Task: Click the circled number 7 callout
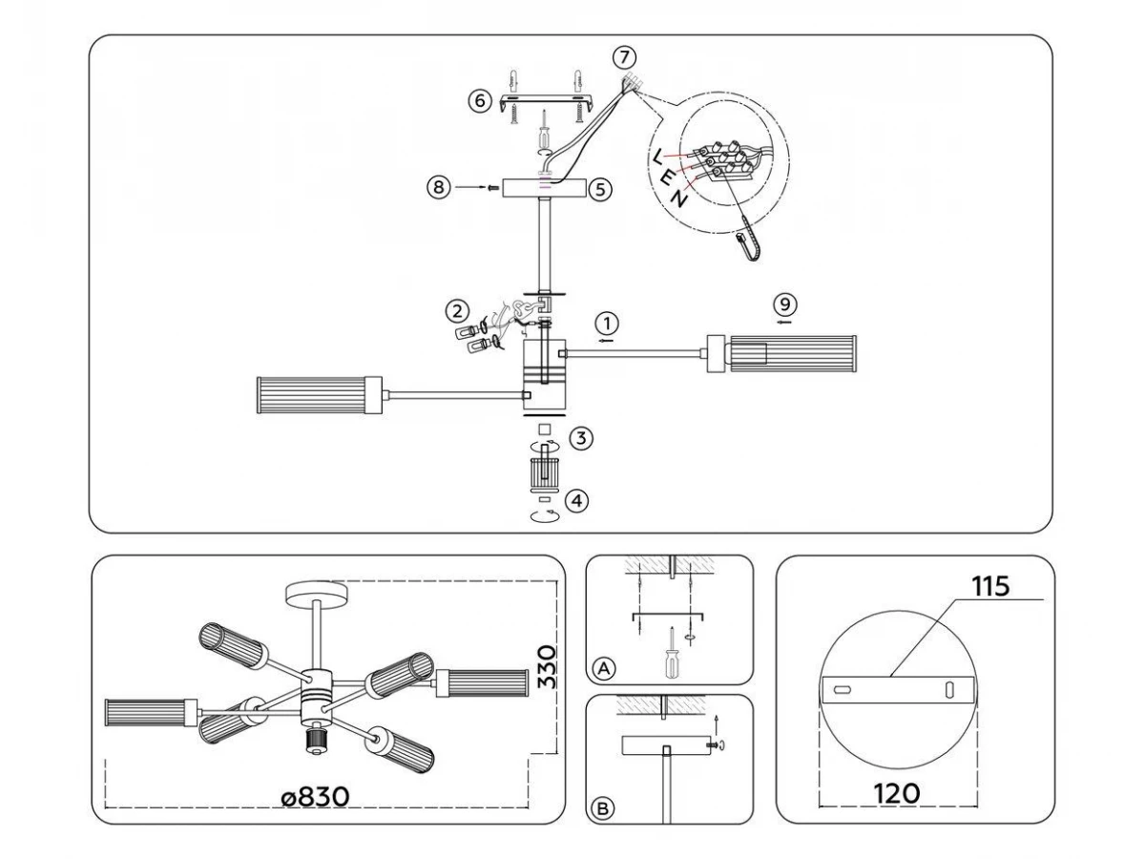click(624, 57)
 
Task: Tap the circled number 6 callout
click(479, 100)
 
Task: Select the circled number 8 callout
click(438, 187)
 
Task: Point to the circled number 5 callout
click(600, 190)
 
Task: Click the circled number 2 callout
click(457, 312)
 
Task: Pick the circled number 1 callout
click(607, 324)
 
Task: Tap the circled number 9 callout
click(784, 304)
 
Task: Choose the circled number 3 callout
click(581, 438)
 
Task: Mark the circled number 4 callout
click(576, 501)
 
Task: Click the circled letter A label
click(604, 668)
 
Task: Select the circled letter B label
click(603, 808)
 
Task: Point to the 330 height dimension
click(547, 667)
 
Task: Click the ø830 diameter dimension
click(315, 797)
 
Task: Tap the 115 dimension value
click(990, 586)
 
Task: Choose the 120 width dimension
click(897, 794)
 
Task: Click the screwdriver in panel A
click(672, 652)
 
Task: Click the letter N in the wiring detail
click(678, 199)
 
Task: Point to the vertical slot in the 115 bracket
click(949, 689)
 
